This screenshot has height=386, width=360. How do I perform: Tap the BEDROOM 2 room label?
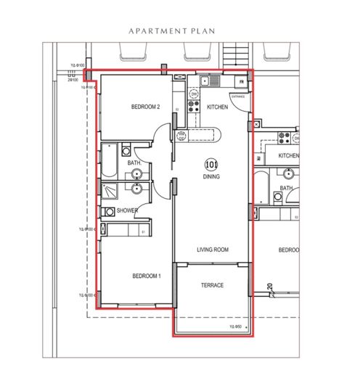pos(145,107)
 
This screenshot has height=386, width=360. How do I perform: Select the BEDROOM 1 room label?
pos(145,276)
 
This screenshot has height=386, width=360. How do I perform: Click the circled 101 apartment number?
pos(211,164)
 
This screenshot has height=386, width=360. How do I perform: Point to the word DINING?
pos(211,176)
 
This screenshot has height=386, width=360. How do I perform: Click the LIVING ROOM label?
pos(213,250)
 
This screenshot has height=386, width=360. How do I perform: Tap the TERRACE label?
pos(212,285)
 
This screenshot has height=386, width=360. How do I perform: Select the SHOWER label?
pos(127,211)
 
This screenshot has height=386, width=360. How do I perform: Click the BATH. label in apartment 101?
pos(134,163)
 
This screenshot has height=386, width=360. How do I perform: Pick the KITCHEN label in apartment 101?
pos(217,107)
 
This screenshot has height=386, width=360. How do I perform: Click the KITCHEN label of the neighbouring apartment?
pos(289,155)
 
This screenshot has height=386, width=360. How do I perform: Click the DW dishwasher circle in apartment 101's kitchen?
pos(194,94)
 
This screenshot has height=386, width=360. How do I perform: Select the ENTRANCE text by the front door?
pos(237,95)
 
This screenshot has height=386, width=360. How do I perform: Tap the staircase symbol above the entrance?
pos(236,54)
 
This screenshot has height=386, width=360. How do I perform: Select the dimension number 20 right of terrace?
pos(269,287)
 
